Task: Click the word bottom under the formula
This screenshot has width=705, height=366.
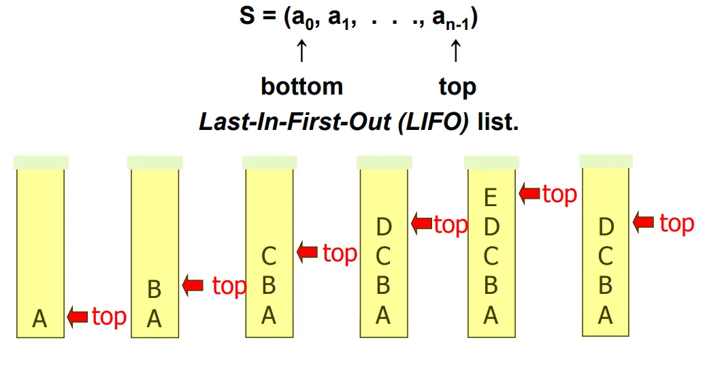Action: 301,86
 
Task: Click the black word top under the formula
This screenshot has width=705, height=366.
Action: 457,86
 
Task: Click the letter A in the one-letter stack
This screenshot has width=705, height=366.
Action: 40,318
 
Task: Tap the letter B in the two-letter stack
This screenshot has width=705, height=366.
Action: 154,290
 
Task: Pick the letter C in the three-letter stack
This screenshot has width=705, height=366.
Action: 269,257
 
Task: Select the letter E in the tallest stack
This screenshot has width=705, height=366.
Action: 491,199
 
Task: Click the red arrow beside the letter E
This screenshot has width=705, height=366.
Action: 529,193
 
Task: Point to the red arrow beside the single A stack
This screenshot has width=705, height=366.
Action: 78,316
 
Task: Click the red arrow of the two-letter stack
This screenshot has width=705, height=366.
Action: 193,286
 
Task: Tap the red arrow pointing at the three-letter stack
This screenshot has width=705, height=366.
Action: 308,253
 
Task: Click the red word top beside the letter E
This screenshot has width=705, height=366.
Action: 559,194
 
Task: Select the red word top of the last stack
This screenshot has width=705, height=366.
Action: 676,222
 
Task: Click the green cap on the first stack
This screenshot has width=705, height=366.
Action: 41,162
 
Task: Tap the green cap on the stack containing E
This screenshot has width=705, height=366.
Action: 491,162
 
